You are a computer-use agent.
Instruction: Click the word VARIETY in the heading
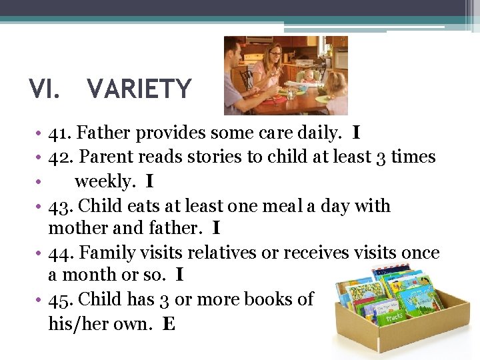pos(139,89)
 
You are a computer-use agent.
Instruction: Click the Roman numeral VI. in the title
pos(44,89)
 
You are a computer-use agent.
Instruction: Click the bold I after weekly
pos(149,181)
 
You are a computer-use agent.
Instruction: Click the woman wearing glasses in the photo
pos(271,63)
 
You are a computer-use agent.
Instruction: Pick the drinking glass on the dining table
pos(291,94)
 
